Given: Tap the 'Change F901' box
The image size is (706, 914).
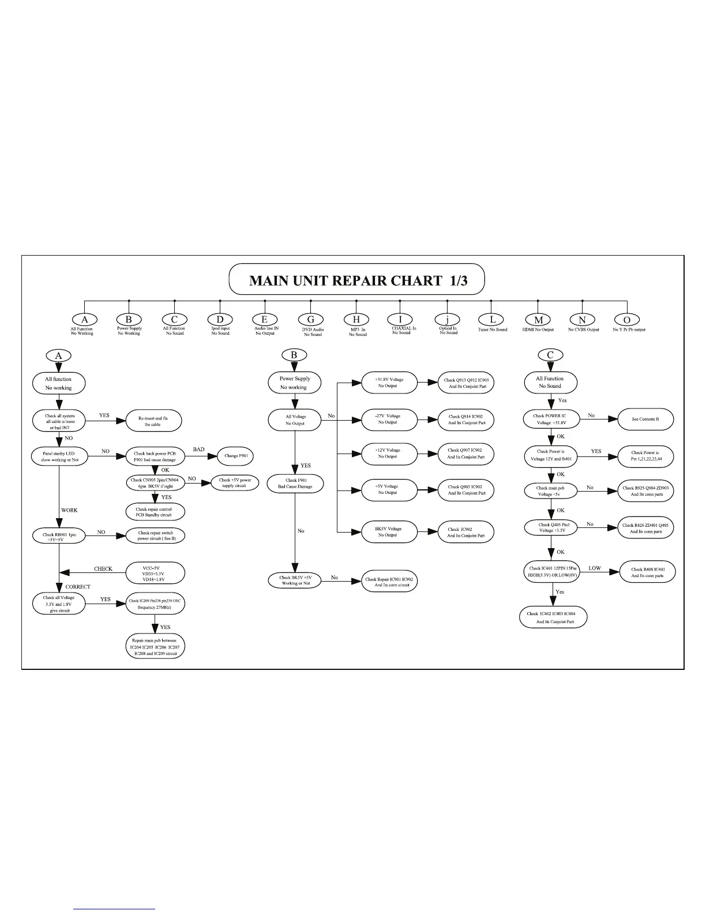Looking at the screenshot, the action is tap(235, 456).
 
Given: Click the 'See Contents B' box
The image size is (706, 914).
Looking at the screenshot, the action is tap(645, 419).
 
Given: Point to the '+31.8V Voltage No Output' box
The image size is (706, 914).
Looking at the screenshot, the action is tap(388, 383).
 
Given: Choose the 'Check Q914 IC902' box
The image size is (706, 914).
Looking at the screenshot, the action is tap(467, 419).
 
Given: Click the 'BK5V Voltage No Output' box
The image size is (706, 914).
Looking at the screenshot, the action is tap(388, 531).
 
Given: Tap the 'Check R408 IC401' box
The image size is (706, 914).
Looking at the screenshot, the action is tap(647, 572).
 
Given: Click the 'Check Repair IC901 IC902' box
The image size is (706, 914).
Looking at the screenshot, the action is tap(389, 582).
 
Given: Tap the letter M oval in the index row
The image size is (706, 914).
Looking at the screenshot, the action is tap(538, 319).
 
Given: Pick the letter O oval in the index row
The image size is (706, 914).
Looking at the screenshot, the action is tap(627, 319).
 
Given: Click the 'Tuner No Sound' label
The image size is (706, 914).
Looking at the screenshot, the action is tap(493, 330).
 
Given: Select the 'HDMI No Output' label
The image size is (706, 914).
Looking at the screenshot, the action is tap(539, 330).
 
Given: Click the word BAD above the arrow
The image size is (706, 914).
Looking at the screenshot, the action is tap(198, 449).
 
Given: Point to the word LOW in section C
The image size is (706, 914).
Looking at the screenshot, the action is tap(595, 568).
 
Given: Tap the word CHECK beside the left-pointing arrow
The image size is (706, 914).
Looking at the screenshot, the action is tap(103, 569).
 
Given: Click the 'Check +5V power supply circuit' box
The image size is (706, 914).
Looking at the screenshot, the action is tap(235, 483).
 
